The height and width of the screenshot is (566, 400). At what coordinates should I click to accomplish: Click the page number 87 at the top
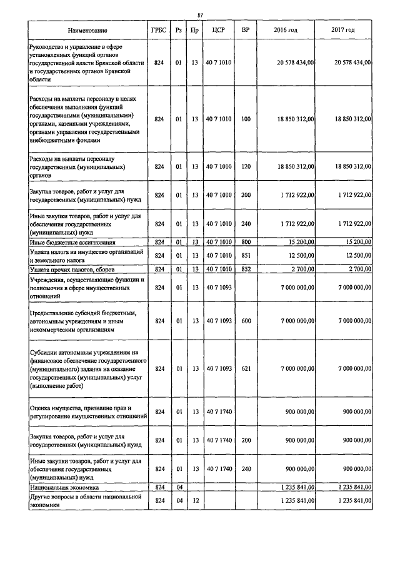(x=200, y=15)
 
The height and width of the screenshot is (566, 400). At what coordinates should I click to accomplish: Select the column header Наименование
(x=87, y=30)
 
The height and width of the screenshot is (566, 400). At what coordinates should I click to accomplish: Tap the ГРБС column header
(x=159, y=30)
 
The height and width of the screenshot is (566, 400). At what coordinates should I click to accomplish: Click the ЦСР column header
(x=218, y=30)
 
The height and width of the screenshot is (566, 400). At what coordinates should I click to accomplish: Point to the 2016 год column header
(x=286, y=30)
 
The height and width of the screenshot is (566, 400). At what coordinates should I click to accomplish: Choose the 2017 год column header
(x=343, y=30)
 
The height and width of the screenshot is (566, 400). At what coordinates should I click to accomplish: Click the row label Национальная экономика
(x=64, y=486)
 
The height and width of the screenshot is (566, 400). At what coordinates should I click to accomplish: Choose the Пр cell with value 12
(x=195, y=500)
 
